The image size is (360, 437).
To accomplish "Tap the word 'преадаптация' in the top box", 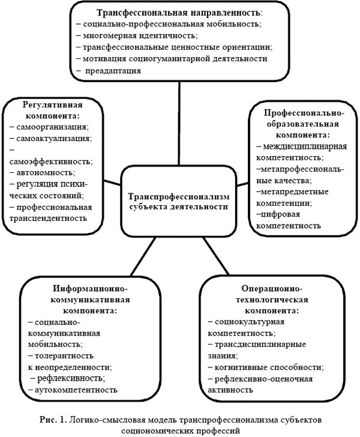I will (x=113, y=70).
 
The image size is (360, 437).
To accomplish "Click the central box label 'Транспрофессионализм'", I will (x=178, y=196).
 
